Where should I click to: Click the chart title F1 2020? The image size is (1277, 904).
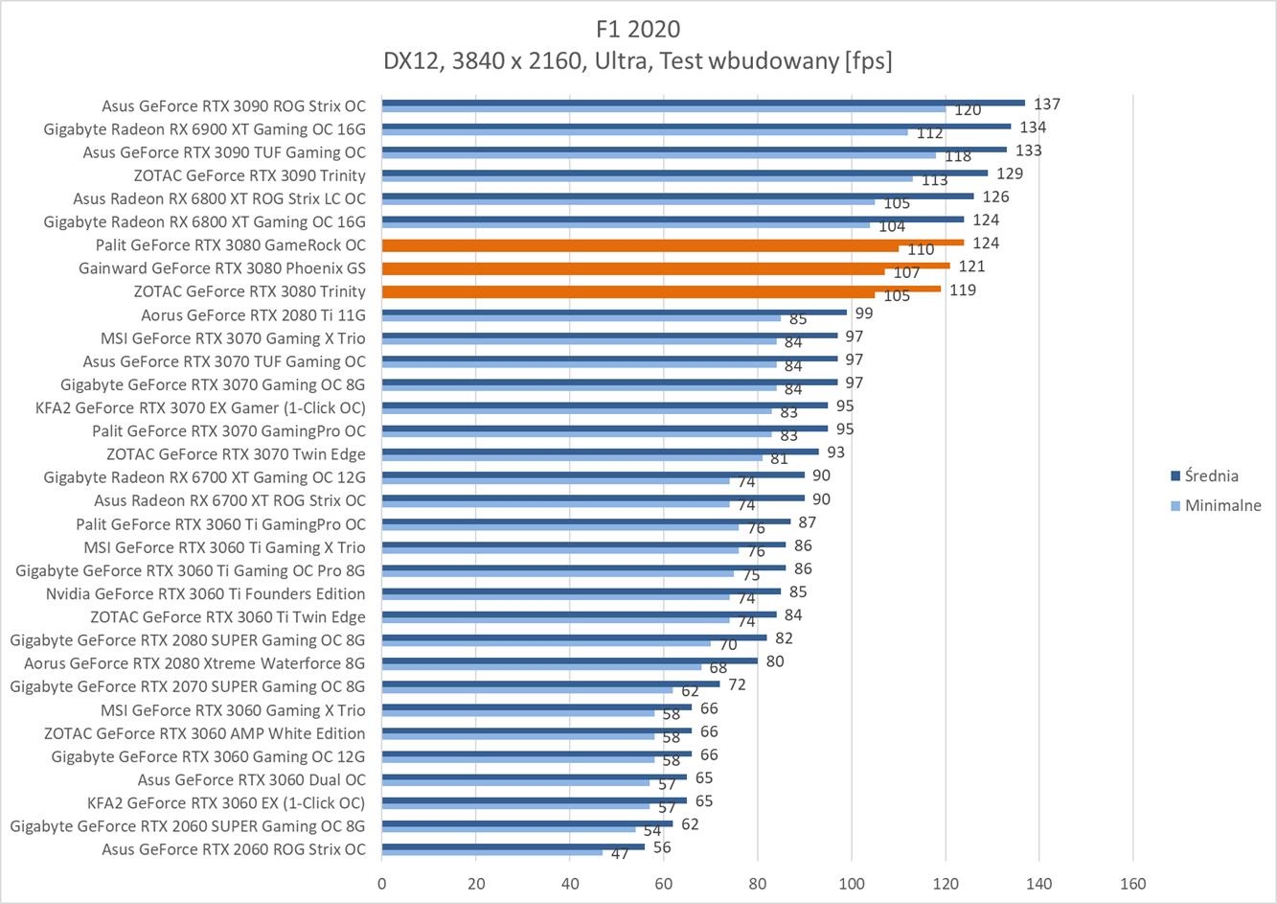(x=637, y=28)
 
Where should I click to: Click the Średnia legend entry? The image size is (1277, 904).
(x=1211, y=475)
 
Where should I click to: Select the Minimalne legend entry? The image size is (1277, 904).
(x=1222, y=505)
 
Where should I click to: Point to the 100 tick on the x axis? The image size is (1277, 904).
(x=852, y=884)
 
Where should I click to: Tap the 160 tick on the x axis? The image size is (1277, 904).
(x=1133, y=884)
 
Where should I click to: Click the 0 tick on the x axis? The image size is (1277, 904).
(x=382, y=884)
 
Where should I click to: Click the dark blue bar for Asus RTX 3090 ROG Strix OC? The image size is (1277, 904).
(x=703, y=103)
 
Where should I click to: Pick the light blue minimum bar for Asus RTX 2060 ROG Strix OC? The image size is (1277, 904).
(x=492, y=852)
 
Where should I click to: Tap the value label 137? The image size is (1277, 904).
(x=1047, y=104)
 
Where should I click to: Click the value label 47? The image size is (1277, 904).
(x=621, y=853)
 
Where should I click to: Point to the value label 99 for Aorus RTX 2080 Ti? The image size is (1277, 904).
(x=864, y=313)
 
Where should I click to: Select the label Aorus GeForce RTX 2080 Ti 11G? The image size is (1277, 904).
(x=253, y=314)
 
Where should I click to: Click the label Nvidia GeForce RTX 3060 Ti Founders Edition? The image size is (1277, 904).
(x=205, y=593)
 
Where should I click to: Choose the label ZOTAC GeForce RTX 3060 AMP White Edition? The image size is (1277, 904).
(x=204, y=733)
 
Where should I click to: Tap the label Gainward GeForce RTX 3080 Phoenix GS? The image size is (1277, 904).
(x=221, y=268)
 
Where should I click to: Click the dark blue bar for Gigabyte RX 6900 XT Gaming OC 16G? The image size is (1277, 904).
(x=696, y=126)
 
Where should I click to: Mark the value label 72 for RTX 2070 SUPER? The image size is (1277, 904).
(x=737, y=684)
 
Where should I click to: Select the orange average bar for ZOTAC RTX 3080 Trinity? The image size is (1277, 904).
(x=661, y=288)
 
